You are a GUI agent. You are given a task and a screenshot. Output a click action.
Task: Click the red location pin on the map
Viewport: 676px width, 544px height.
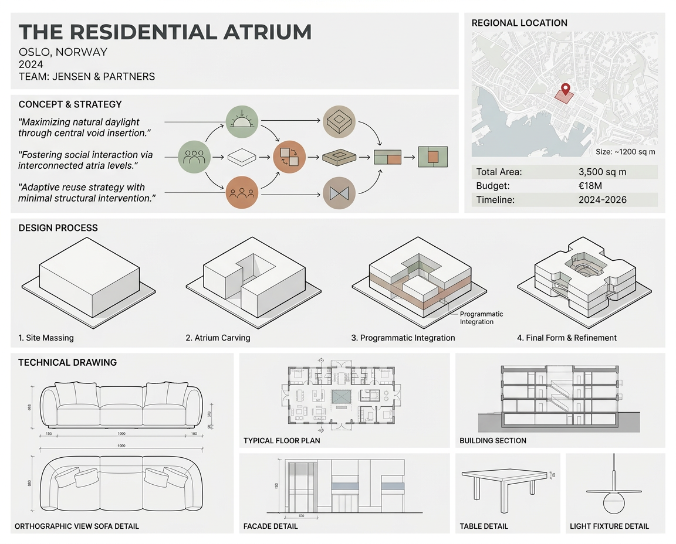[x=565, y=89]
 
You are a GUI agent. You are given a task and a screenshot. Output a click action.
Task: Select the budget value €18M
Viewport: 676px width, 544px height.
[x=590, y=186]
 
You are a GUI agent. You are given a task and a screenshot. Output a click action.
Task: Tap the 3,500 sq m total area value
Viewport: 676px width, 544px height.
[x=602, y=172]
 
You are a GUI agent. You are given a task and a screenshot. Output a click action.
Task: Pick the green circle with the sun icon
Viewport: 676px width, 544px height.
[x=241, y=123]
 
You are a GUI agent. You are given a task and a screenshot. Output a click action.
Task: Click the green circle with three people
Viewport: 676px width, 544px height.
[x=194, y=157]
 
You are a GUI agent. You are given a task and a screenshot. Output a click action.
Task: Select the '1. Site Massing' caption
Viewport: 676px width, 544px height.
[x=46, y=338]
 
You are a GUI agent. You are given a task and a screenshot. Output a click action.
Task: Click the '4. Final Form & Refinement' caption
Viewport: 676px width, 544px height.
[x=567, y=338]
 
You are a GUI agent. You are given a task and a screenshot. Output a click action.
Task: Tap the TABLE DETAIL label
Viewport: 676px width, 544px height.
[x=484, y=526]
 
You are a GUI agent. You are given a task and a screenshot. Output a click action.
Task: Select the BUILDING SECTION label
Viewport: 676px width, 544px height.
[x=493, y=440]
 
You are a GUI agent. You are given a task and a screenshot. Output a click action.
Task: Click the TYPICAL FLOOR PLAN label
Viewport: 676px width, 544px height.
[x=282, y=440]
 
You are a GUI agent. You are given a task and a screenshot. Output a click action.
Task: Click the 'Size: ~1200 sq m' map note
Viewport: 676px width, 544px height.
[x=625, y=152]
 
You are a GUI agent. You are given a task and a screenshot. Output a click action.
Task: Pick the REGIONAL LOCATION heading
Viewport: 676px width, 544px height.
[x=519, y=23]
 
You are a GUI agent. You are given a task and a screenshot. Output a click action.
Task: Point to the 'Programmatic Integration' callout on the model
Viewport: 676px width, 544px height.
[x=481, y=318]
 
